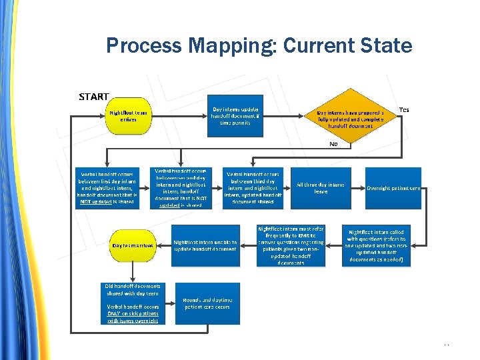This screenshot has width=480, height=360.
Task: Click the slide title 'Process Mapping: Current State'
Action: coord(259,45)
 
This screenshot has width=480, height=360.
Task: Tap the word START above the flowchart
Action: coord(94,97)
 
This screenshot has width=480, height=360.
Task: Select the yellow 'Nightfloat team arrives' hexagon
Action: coord(129,117)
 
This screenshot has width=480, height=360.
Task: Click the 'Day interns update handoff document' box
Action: coord(235,116)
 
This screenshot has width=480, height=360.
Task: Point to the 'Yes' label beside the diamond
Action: coord(404,109)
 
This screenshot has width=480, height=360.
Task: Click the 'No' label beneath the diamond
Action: coord(333,143)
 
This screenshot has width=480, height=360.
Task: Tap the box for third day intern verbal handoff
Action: coord(254,187)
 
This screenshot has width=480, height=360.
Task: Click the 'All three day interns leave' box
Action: coord(321,188)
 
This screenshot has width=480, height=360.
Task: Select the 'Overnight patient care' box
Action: coord(393,188)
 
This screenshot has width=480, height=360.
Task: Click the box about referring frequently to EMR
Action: coord(291,245)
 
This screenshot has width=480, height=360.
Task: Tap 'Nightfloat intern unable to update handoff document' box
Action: coord(205,245)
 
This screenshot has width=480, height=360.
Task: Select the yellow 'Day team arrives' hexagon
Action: coord(133,245)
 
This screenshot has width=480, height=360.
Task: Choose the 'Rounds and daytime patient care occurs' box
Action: coord(207,303)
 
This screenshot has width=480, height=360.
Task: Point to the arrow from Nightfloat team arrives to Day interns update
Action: coord(177,117)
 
